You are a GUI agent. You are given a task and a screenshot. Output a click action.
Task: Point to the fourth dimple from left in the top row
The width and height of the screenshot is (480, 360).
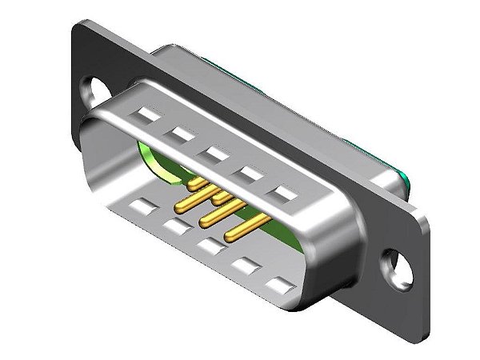[x=248, y=170]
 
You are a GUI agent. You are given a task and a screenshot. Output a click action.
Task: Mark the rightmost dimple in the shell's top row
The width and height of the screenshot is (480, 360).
[x=284, y=192]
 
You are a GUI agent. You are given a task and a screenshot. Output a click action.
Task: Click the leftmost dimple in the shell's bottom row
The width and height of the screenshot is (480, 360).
[x=141, y=210]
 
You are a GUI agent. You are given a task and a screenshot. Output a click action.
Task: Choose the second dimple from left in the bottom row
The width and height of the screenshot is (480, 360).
[x=174, y=228]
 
